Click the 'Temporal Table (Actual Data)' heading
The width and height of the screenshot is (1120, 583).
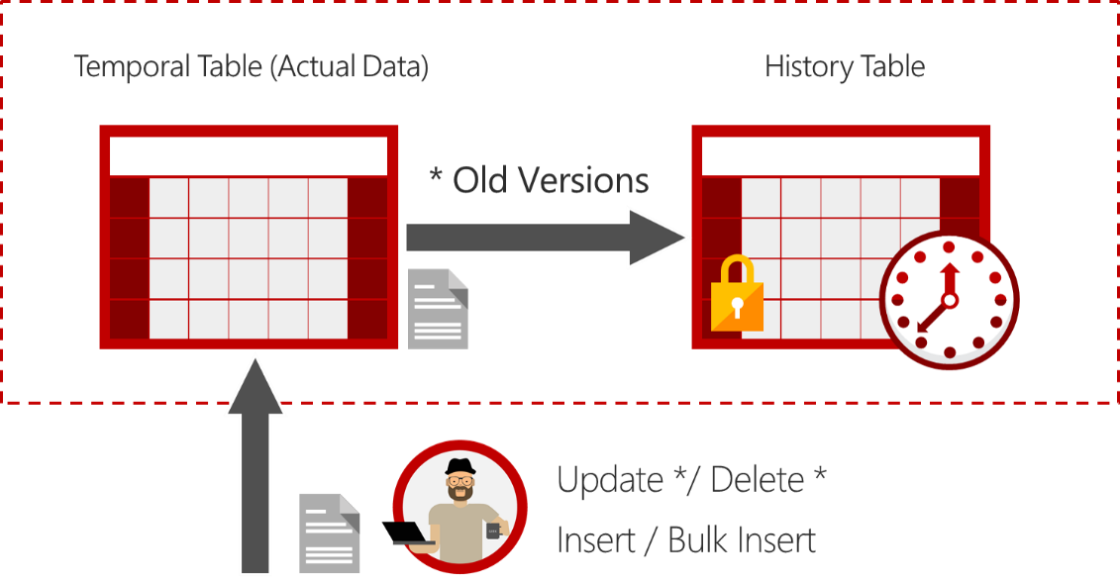point(251,67)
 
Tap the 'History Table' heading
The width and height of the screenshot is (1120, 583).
point(845,67)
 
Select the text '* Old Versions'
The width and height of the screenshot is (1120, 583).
point(539,180)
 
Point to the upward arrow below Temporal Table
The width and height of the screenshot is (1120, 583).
point(255,465)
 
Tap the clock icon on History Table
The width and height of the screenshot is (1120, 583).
point(949,299)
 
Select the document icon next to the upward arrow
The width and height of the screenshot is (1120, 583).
point(330,534)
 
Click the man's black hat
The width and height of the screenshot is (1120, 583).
point(459,467)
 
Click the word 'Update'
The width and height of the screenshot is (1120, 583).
point(610,480)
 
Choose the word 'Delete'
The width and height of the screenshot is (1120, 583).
point(758,480)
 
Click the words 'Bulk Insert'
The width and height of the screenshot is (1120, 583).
point(742,540)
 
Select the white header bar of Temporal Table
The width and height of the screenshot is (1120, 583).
point(248,156)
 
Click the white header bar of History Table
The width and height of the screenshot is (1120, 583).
point(840,156)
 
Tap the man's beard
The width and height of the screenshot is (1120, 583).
point(459,493)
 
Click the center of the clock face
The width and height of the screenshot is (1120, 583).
point(949,299)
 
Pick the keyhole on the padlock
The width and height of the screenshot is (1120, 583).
point(737,301)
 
